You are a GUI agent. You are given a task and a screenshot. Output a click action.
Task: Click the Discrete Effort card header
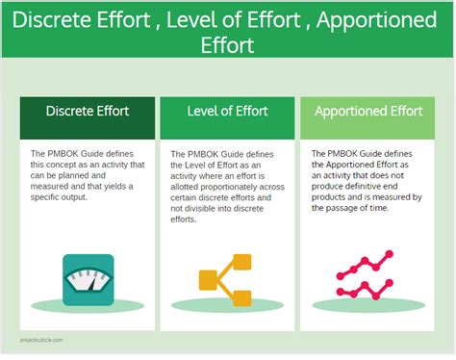(x=88, y=111)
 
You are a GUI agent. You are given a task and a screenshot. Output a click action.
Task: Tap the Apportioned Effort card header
(x=367, y=111)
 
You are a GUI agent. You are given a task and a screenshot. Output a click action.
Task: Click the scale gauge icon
(x=88, y=280)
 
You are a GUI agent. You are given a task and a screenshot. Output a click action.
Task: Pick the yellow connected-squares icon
(x=225, y=280)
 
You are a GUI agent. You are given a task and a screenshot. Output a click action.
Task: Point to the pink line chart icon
(x=367, y=278)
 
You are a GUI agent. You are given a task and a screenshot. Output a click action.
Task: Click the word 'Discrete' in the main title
(x=58, y=20)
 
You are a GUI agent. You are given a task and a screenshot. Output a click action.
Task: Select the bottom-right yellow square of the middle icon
(x=241, y=297)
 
